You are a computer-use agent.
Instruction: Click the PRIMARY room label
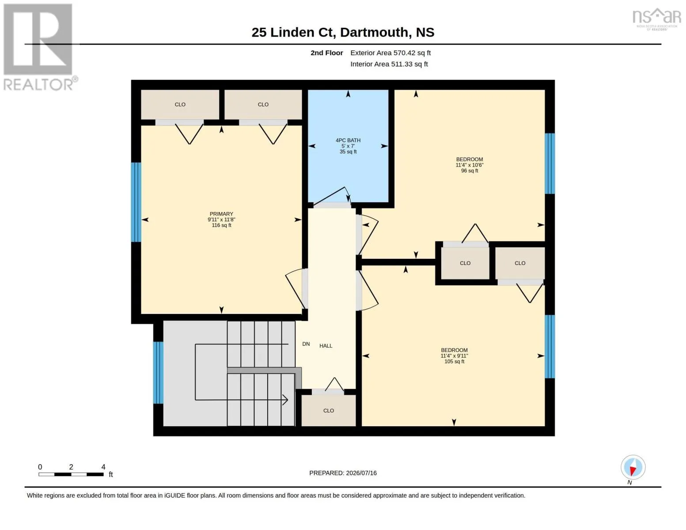pos(221,214)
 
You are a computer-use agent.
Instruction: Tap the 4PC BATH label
pos(348,140)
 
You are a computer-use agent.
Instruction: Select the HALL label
pos(326,346)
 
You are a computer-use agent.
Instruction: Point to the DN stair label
pos(306,344)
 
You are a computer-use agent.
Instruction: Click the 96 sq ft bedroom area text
pos(470,171)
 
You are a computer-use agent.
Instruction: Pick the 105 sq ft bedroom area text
pos(454,361)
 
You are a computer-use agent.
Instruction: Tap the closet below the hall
pos(329,410)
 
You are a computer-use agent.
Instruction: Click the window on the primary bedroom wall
pos(136,202)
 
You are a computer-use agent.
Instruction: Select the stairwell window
pos(158,372)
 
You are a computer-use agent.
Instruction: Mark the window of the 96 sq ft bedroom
pos(550,163)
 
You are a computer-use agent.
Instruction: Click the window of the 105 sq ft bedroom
pos(550,346)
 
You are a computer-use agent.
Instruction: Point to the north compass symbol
pos(633,467)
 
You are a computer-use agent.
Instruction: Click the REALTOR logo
pos(39,47)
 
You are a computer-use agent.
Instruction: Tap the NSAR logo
pos(657,19)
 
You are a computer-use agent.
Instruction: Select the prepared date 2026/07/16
pos(361,473)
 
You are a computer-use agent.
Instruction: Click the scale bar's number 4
pos(103,467)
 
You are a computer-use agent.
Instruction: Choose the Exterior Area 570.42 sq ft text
pos(390,53)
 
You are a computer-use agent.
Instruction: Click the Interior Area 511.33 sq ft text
pos(389,64)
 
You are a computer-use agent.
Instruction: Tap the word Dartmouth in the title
pos(374,32)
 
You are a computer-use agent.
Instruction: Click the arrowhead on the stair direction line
pos(285,400)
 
